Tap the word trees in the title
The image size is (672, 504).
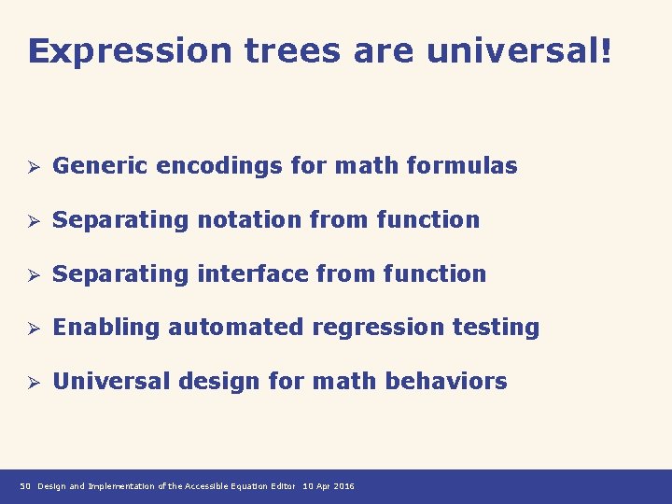point(293,51)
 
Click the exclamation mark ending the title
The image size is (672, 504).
point(608,51)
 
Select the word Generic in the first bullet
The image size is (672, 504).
point(102,166)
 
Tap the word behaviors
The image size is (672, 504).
point(458,382)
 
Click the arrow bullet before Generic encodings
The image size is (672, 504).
point(31,167)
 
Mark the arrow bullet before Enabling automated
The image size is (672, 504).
point(31,329)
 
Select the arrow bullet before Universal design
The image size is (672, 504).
point(31,383)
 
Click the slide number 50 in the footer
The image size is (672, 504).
point(25,487)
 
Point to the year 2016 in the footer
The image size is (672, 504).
point(342,487)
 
